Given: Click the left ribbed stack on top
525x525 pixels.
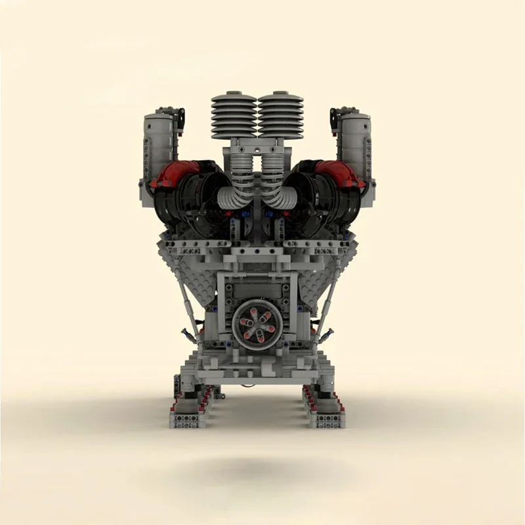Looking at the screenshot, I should (234, 114).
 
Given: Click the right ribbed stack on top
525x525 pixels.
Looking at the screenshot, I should (281, 114).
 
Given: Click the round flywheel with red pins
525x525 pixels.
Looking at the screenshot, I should (257, 321).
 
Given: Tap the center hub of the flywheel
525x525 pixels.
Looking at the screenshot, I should (257, 321).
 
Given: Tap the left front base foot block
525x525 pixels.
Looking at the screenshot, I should (188, 419).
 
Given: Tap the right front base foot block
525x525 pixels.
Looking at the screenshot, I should (326, 419).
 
